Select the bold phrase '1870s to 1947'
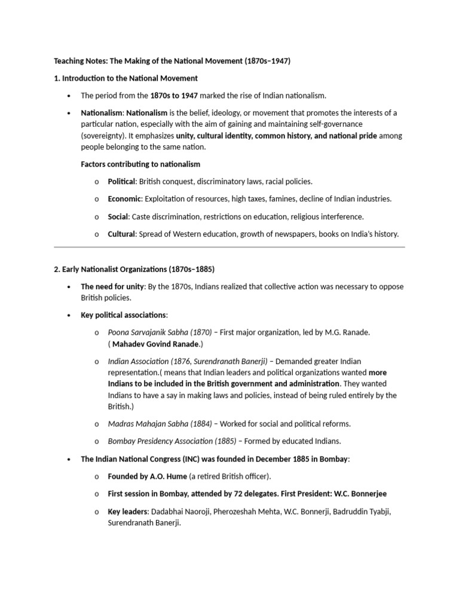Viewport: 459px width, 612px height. (173, 95)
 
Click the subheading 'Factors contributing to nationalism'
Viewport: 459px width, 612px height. (140, 164)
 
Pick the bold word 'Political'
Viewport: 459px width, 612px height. (122, 181)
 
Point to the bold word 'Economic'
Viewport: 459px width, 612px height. (124, 198)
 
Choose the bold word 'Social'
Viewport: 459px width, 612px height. (118, 216)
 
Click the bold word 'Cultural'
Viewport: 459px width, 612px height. (122, 234)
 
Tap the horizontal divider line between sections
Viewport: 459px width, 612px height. (229, 247)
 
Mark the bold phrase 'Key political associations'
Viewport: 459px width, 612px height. (124, 315)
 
